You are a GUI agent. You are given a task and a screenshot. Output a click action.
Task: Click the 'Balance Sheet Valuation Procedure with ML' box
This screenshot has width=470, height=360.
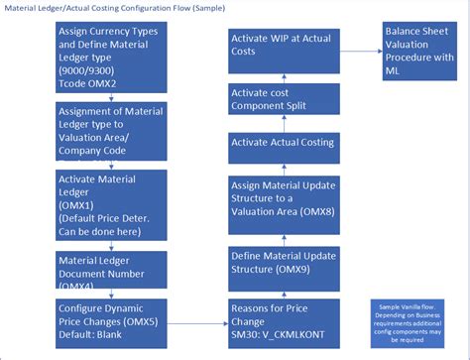418,51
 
